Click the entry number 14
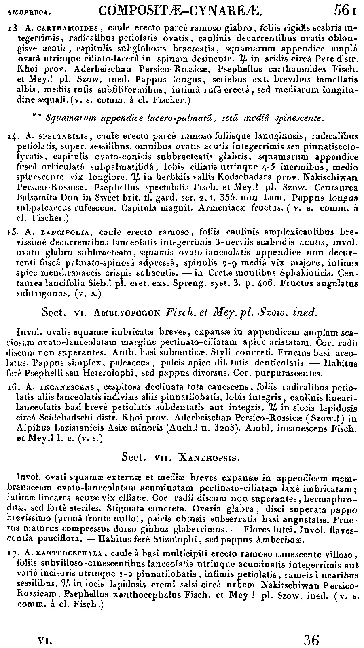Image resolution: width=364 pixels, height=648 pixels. tap(13, 137)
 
